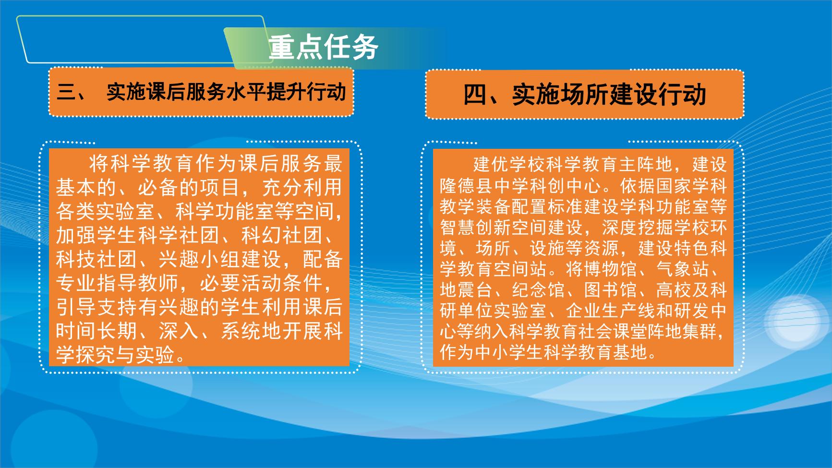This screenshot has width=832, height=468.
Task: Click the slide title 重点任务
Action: pos(324,47)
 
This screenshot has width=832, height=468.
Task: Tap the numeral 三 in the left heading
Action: pos(67,91)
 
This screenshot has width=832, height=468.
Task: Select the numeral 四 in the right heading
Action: pos(475,94)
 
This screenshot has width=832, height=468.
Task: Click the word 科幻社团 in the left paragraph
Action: pos(282,235)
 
